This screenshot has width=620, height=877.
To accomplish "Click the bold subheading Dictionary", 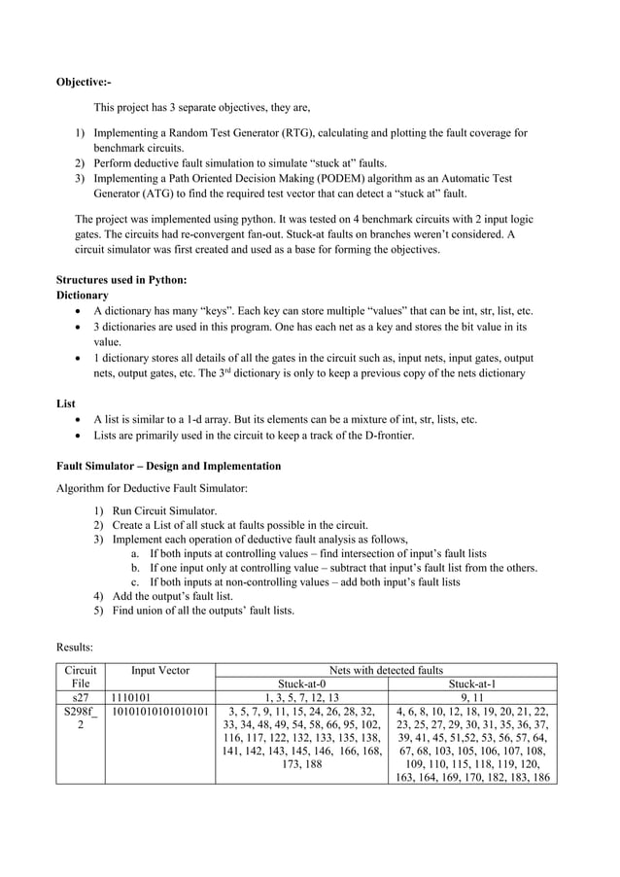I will click(x=83, y=295).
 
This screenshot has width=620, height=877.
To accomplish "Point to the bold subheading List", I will click(x=65, y=403).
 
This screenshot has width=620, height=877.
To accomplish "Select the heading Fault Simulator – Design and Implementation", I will click(x=168, y=466).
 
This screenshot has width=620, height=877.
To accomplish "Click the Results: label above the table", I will click(x=75, y=643).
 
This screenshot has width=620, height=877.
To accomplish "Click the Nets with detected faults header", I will click(x=386, y=670).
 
